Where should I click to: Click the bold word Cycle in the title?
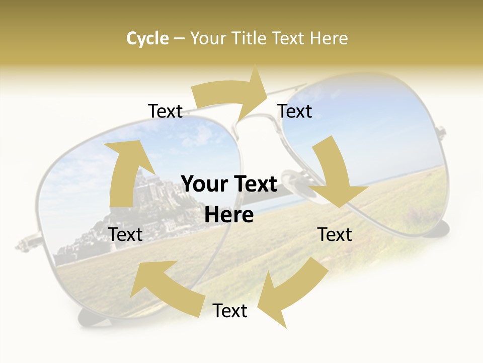point(147,38)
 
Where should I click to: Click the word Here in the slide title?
point(329,38)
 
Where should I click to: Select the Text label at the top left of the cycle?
point(165,111)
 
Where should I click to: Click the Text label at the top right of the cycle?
point(295,111)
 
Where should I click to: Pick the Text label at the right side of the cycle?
point(335,234)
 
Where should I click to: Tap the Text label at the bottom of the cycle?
point(230,311)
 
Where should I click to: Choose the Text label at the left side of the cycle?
point(125,234)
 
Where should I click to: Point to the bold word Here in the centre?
point(229,215)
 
